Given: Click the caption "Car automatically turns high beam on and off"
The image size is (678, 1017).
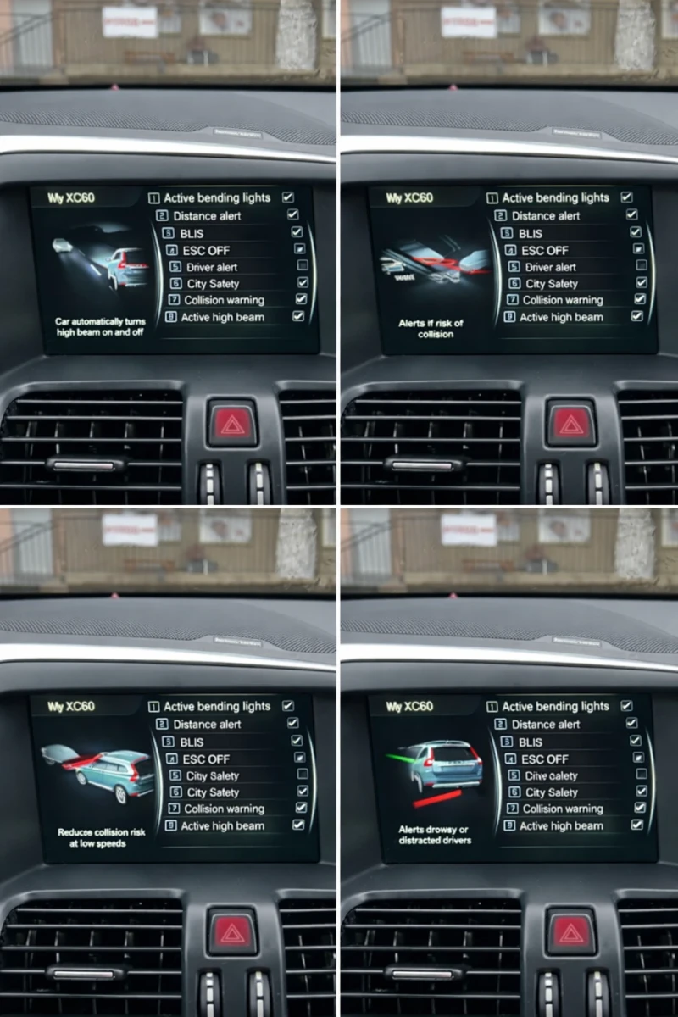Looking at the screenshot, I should (100, 327).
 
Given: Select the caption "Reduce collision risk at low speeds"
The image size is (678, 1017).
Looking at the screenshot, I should (101, 837).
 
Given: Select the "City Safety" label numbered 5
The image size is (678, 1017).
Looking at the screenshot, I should (213, 775).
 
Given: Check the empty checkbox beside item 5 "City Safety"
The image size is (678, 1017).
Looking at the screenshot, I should (303, 775).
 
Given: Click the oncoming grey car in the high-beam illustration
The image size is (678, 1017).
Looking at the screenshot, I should (62, 245).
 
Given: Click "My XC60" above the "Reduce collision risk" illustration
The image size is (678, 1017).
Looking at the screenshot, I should (71, 707).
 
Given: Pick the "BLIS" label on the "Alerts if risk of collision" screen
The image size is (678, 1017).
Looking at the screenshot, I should (531, 233).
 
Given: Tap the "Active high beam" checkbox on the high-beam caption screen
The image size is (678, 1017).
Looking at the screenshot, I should (298, 316).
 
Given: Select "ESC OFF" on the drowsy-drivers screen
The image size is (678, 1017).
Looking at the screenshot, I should (544, 759).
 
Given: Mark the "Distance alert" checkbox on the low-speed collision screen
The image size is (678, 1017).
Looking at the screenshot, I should (293, 723).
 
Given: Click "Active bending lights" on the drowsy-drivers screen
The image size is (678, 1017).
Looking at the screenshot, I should (555, 706).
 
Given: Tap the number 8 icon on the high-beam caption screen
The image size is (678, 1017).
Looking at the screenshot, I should (173, 317).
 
